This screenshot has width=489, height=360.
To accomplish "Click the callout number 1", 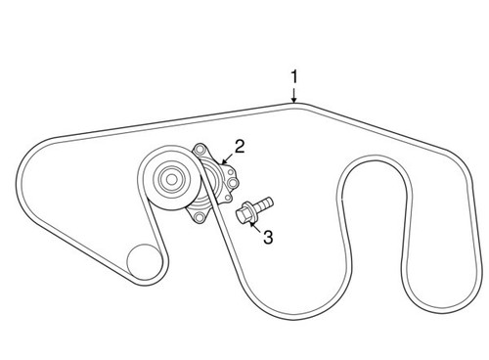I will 293,75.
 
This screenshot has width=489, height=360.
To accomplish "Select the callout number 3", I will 263,236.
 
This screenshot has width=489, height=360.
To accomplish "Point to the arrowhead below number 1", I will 293,97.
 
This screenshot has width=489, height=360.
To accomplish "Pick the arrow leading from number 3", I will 253,224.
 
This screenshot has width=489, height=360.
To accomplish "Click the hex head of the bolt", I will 242,211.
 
